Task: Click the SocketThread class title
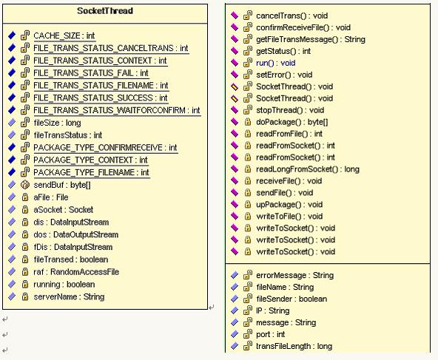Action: click(x=105, y=11)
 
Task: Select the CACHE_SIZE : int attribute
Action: click(x=64, y=35)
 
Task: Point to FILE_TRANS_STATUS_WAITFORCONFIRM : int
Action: click(x=117, y=110)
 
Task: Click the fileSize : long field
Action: click(x=57, y=123)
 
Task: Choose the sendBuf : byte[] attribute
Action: click(x=62, y=185)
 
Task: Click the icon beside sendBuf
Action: click(x=25, y=185)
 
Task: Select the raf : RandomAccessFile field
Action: click(x=76, y=272)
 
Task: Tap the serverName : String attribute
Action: click(x=69, y=296)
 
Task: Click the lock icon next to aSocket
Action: click(x=25, y=210)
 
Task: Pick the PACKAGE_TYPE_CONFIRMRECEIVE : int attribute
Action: click(x=105, y=148)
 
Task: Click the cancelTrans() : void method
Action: click(x=292, y=16)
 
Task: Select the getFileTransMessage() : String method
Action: click(x=311, y=39)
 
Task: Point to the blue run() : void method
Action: click(x=276, y=63)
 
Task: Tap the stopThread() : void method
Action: click(x=290, y=110)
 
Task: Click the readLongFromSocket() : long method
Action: click(x=308, y=169)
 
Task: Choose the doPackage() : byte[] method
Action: click(x=292, y=122)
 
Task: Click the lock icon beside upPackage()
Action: click(x=248, y=205)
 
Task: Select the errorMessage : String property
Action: click(x=295, y=276)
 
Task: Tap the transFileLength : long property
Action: click(x=294, y=347)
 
